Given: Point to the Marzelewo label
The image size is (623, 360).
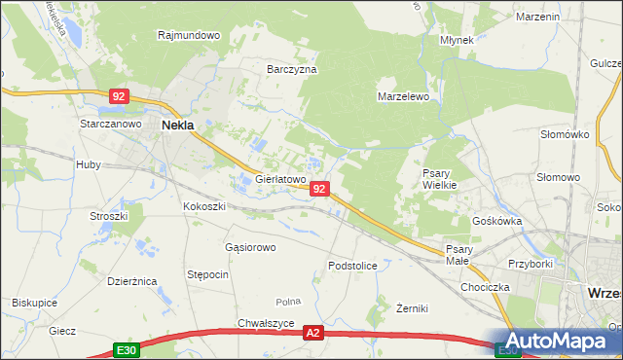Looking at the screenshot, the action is [403, 97].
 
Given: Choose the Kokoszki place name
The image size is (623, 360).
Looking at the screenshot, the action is [204, 207].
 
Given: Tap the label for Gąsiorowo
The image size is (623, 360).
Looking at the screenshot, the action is [250, 247].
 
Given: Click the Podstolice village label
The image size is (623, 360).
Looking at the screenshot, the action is [352, 265].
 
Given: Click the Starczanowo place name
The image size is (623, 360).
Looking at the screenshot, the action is [105, 126].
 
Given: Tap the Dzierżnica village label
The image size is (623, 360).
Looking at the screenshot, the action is [132, 281].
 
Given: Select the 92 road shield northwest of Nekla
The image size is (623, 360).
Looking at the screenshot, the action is [119, 96].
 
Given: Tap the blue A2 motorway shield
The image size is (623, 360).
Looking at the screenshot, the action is [312, 333].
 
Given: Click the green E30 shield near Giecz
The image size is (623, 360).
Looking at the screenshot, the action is [125, 349].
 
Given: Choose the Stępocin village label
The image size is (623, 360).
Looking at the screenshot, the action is [208, 274].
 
